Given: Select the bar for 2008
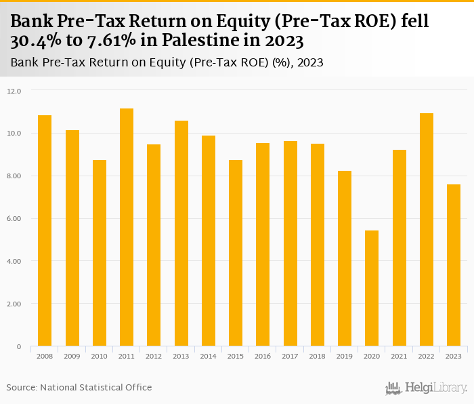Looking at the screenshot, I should click(45, 230).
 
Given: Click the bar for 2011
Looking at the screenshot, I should click(127, 227).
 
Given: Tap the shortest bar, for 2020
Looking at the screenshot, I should click(372, 288).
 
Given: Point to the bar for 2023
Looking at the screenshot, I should click(453, 265).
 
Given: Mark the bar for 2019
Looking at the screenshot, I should click(345, 258).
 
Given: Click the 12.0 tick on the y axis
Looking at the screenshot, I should click(14, 91).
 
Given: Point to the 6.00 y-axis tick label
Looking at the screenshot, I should click(14, 219).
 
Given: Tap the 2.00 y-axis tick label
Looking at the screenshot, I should click(14, 304).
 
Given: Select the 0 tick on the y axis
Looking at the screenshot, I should click(18, 347).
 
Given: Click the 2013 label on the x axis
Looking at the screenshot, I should click(181, 355).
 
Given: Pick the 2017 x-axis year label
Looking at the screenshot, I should click(290, 355).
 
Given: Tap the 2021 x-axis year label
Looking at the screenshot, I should click(399, 355).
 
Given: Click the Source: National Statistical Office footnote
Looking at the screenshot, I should click(79, 388).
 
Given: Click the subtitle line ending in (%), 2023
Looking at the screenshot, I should click(167, 63).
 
